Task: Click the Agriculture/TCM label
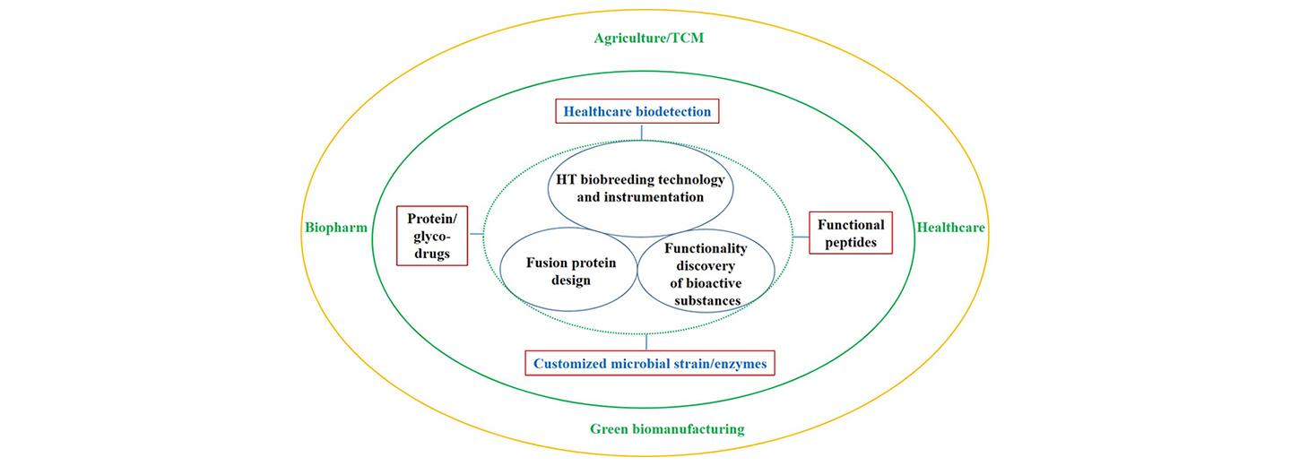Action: tap(648, 38)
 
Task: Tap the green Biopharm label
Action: tap(336, 228)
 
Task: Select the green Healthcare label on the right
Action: tap(951, 228)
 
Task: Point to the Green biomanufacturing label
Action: tap(667, 429)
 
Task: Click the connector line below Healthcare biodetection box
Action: tap(642, 132)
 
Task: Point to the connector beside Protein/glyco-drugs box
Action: tap(476, 234)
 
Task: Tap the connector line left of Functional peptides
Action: tap(801, 237)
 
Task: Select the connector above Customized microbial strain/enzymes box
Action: tap(646, 342)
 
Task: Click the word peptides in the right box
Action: tap(851, 243)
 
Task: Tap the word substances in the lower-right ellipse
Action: tap(707, 301)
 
